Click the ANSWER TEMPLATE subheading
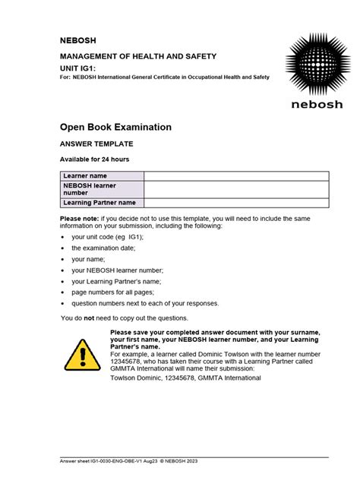click(x=96, y=143)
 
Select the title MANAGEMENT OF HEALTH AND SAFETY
click(x=138, y=56)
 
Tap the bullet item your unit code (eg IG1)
click(x=107, y=237)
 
